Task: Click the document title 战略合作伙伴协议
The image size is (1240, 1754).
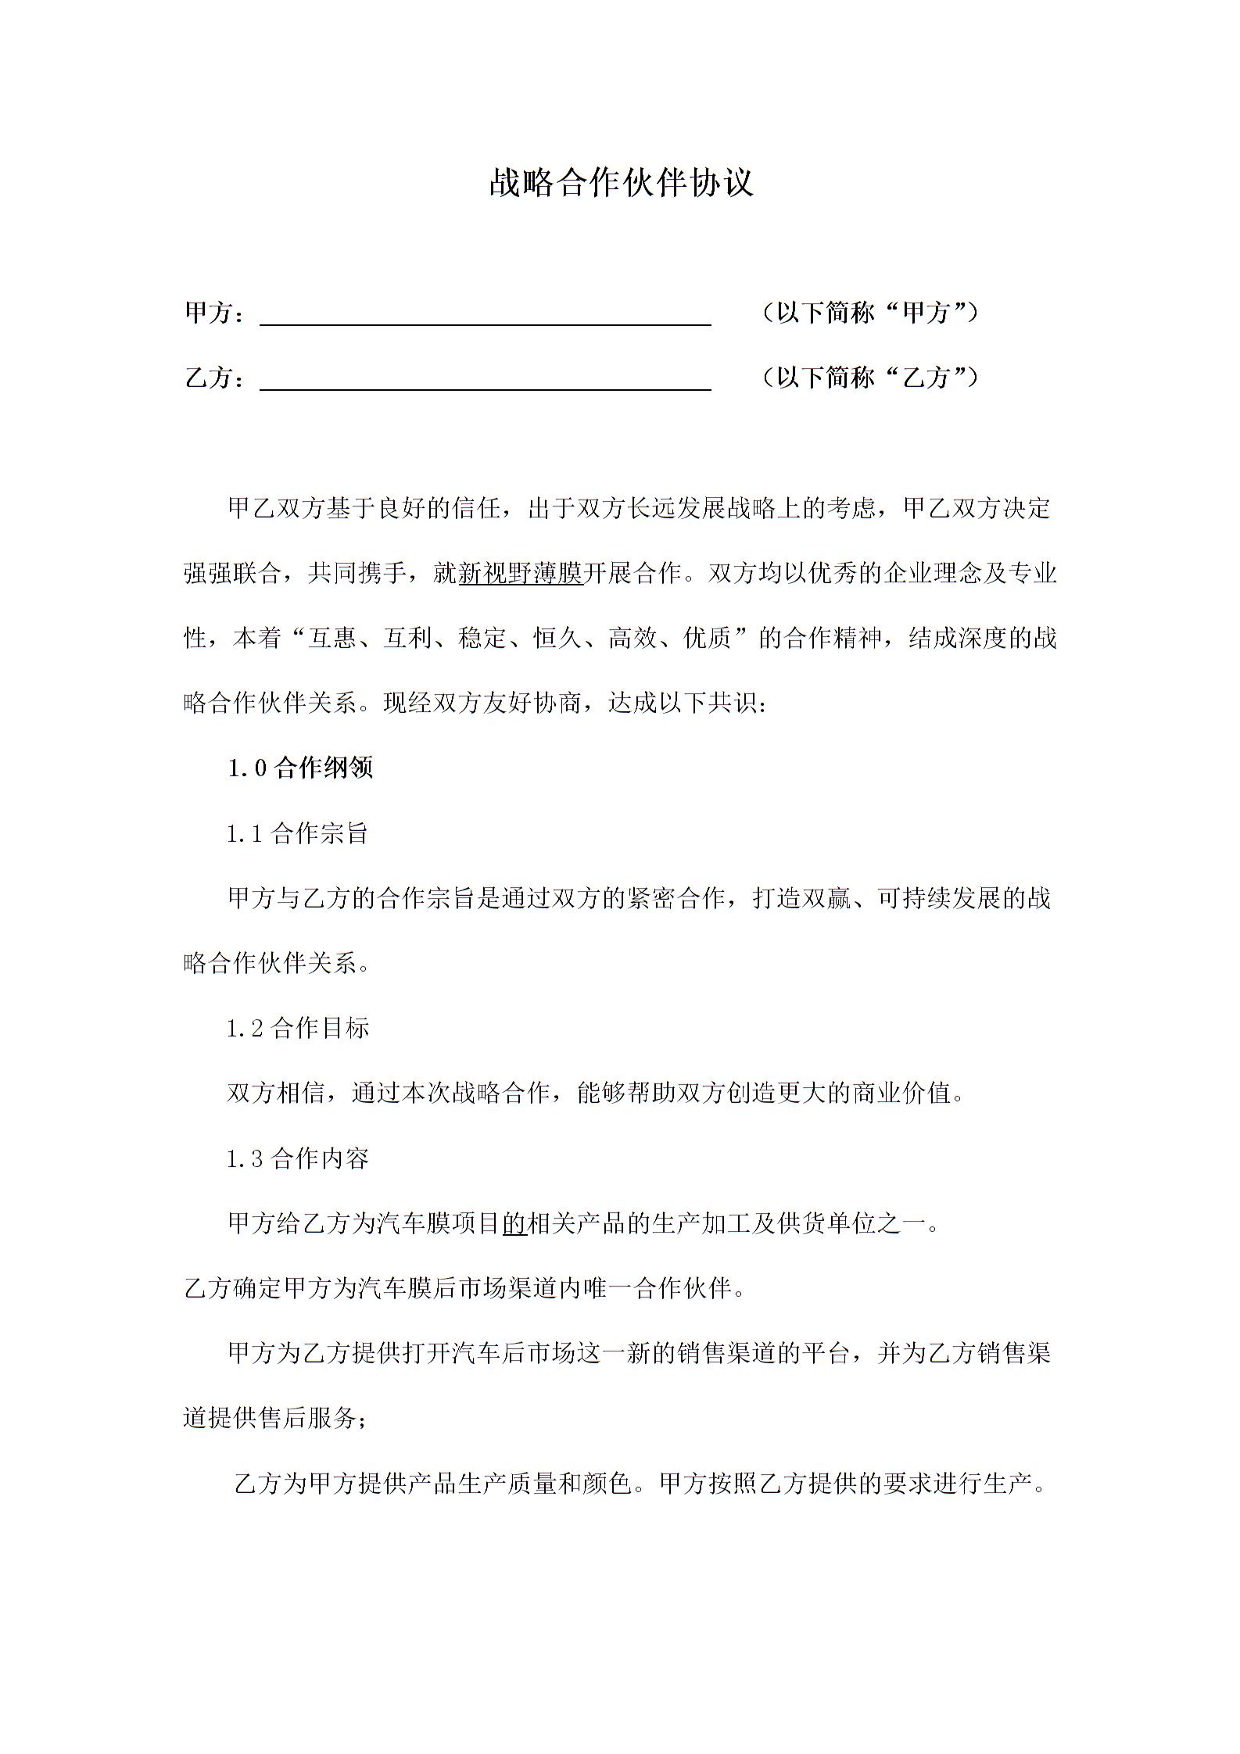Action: click(x=621, y=183)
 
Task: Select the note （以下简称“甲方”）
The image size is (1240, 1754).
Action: click(x=869, y=313)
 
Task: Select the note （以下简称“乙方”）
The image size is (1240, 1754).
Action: click(x=869, y=378)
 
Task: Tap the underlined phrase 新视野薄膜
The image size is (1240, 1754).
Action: click(x=521, y=575)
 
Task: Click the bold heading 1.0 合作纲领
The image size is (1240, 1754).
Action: click(x=300, y=768)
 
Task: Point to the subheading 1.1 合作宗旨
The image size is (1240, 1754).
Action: click(x=297, y=834)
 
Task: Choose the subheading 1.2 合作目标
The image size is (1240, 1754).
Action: click(x=297, y=1029)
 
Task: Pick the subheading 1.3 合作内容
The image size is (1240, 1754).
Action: click(x=297, y=1158)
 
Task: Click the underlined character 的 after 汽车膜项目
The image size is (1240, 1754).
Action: click(x=514, y=1223)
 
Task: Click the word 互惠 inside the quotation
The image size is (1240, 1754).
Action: click(x=332, y=639)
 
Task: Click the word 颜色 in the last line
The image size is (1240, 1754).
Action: click(x=607, y=1483)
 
